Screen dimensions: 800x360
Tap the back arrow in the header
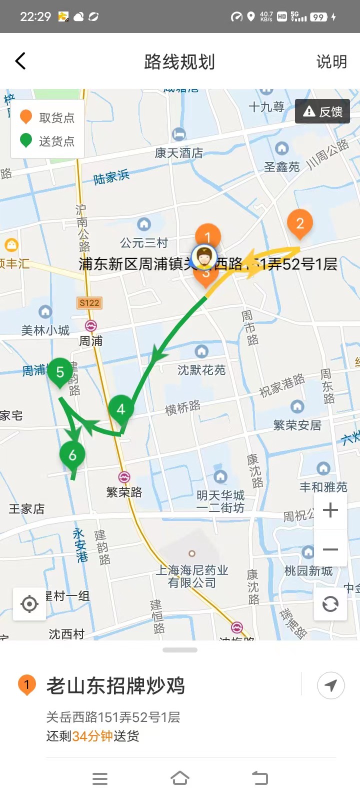(20, 61)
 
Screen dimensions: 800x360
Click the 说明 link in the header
(331, 62)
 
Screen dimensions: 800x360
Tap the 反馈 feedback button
(322, 111)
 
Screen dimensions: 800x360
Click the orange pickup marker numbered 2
(300, 223)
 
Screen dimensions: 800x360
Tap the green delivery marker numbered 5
(60, 372)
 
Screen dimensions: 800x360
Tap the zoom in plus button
(330, 510)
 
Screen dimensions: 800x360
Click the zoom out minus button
(330, 549)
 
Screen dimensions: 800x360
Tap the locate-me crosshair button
(29, 604)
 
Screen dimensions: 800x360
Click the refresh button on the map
(330, 604)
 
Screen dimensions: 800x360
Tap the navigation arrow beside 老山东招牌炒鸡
(330, 685)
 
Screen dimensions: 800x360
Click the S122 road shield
(89, 303)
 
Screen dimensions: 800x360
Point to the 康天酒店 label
(178, 153)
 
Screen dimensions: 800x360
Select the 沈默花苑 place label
(201, 370)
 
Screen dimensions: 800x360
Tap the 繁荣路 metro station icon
(124, 477)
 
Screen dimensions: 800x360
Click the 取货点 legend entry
(47, 117)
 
